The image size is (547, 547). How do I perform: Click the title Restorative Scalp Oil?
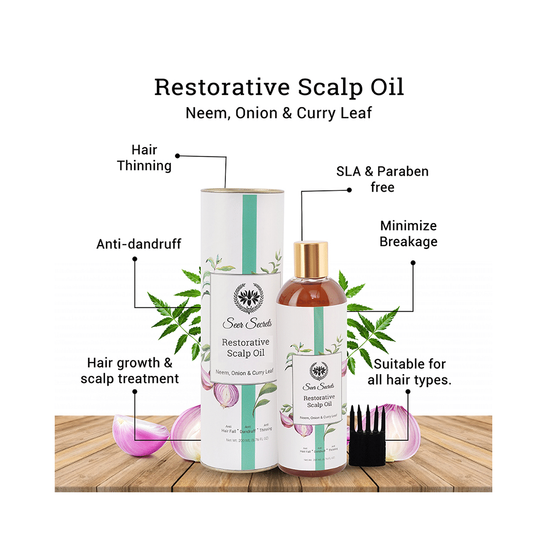[279, 88]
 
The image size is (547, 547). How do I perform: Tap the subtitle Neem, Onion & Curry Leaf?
[279, 113]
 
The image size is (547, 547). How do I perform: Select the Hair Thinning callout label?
[144, 158]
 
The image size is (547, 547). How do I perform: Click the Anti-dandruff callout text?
[139, 243]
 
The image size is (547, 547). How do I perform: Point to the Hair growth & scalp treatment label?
[130, 370]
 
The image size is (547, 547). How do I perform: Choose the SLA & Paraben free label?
[382, 179]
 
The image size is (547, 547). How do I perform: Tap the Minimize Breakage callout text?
[409, 234]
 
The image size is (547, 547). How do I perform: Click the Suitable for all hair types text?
[410, 372]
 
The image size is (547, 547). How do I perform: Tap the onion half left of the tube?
[133, 435]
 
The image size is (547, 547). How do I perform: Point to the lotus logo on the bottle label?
[318, 370]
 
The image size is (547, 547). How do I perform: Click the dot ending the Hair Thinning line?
[177, 155]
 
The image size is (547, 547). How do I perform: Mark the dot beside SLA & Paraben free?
[350, 190]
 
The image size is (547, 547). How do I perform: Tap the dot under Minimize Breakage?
[413, 263]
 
